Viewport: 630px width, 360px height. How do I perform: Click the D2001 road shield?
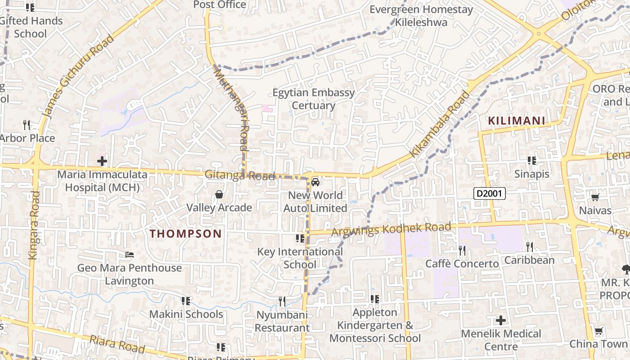point(490,194)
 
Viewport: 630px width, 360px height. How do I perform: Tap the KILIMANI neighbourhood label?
point(517,121)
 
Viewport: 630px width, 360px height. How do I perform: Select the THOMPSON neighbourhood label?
point(185,234)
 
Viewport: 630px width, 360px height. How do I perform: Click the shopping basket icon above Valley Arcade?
point(219,194)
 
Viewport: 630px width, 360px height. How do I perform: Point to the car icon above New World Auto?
point(315,182)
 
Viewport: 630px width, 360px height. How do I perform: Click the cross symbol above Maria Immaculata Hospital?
point(102,161)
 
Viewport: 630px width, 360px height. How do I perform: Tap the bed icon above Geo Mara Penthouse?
point(130,255)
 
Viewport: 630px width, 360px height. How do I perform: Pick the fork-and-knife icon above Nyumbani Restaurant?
point(282,301)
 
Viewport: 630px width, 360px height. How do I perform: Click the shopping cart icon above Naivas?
point(595,197)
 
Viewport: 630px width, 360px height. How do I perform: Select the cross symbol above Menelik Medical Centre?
point(501,320)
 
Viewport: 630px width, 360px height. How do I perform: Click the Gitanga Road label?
point(239,175)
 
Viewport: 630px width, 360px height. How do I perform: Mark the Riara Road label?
point(117,344)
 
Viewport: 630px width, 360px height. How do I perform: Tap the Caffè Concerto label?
point(462,264)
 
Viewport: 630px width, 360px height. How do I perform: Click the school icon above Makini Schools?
point(185,301)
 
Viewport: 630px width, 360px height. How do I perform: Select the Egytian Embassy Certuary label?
point(314,99)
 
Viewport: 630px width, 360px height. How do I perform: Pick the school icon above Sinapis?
point(532,161)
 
